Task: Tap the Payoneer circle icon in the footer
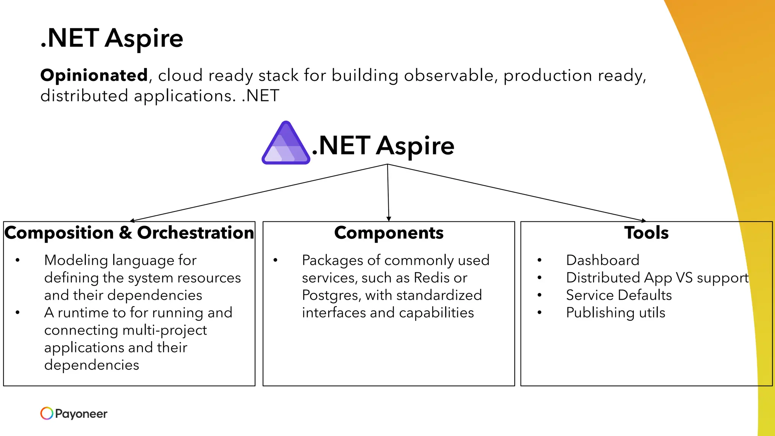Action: pyautogui.click(x=47, y=413)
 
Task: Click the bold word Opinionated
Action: pyautogui.click(x=94, y=75)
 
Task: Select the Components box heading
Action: pyautogui.click(x=389, y=233)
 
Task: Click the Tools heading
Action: pyautogui.click(x=646, y=233)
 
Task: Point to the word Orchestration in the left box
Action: pyautogui.click(x=195, y=233)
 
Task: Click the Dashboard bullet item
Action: pyautogui.click(x=602, y=260)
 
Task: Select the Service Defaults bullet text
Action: pyautogui.click(x=619, y=295)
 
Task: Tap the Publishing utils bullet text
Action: pyautogui.click(x=615, y=313)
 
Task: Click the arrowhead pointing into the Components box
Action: pyautogui.click(x=389, y=219)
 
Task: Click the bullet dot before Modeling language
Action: pyautogui.click(x=17, y=260)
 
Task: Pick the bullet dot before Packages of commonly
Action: pyautogui.click(x=275, y=260)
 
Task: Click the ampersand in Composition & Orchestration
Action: pyautogui.click(x=125, y=233)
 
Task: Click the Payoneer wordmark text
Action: pyautogui.click(x=81, y=414)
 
